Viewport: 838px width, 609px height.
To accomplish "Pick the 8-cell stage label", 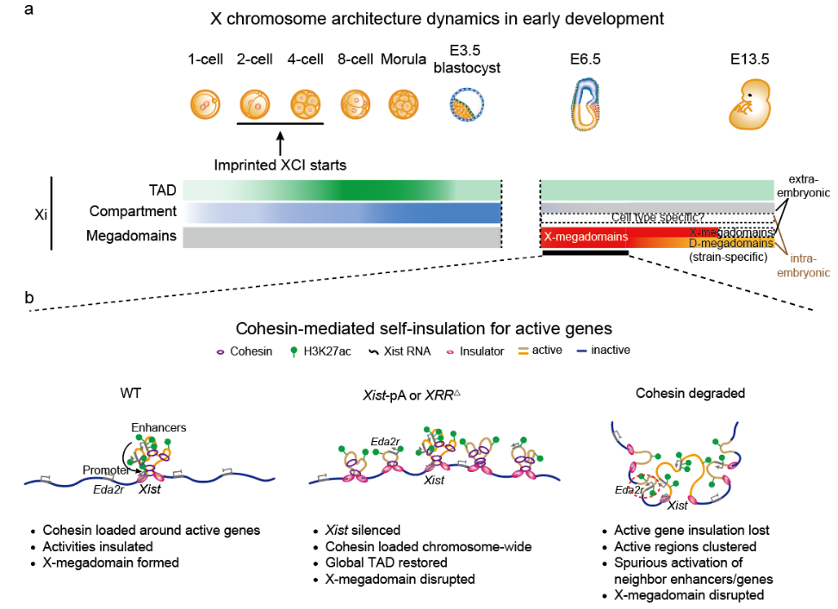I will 356,59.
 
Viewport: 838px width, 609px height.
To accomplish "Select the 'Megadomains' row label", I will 139,235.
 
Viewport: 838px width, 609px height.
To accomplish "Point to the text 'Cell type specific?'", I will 656,219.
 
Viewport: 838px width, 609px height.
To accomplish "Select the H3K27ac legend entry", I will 327,351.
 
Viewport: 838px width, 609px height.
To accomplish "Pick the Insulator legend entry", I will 476,351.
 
